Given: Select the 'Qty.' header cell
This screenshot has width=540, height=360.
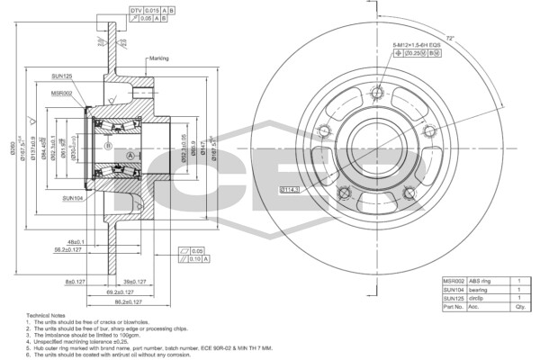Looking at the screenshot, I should coord(518,307).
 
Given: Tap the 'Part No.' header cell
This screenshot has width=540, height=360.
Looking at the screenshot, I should coord(453,307).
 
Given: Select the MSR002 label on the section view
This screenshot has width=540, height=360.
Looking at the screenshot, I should coord(62,93).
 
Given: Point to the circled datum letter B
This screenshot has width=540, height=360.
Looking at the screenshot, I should coord(108,146).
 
